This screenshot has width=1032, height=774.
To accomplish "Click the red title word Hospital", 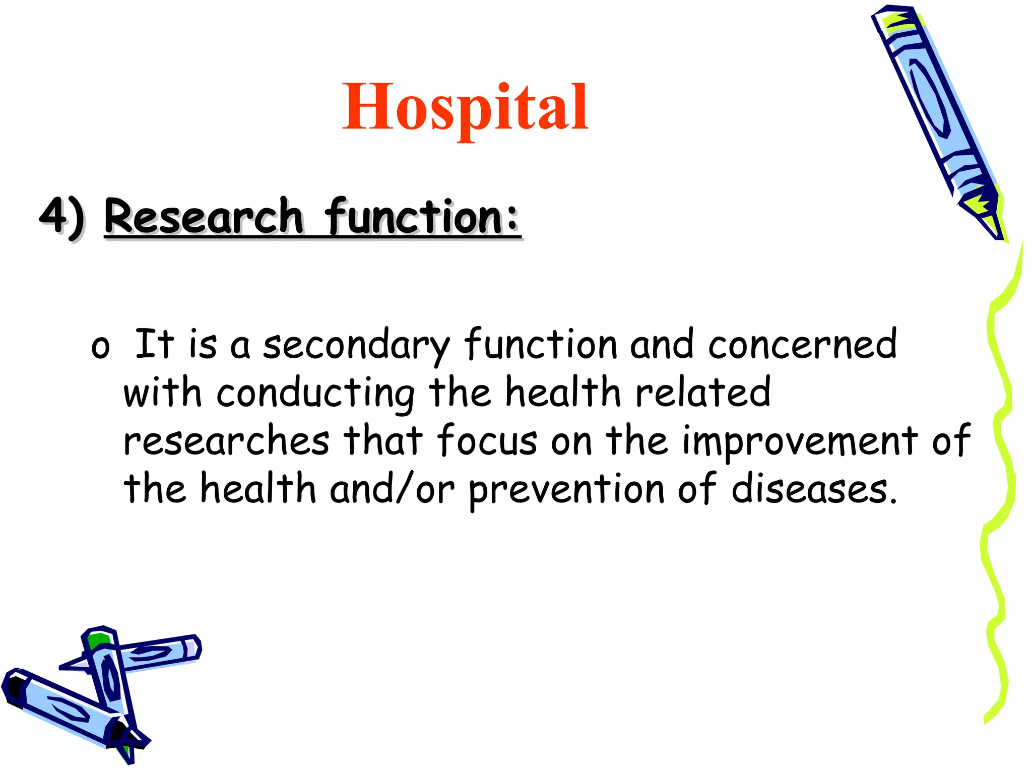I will click(x=465, y=107).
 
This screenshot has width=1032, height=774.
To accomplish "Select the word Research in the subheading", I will click(x=204, y=217).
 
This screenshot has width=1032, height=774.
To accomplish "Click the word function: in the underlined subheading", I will click(x=422, y=217).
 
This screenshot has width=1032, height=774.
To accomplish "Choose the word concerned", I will click(x=802, y=345).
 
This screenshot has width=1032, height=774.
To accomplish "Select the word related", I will click(x=702, y=392).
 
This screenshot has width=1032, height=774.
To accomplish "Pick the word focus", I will click(x=487, y=440).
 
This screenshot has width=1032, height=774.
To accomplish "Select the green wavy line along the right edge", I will click(x=1000, y=454).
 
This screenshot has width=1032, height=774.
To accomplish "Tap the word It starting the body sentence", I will click(x=154, y=344).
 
